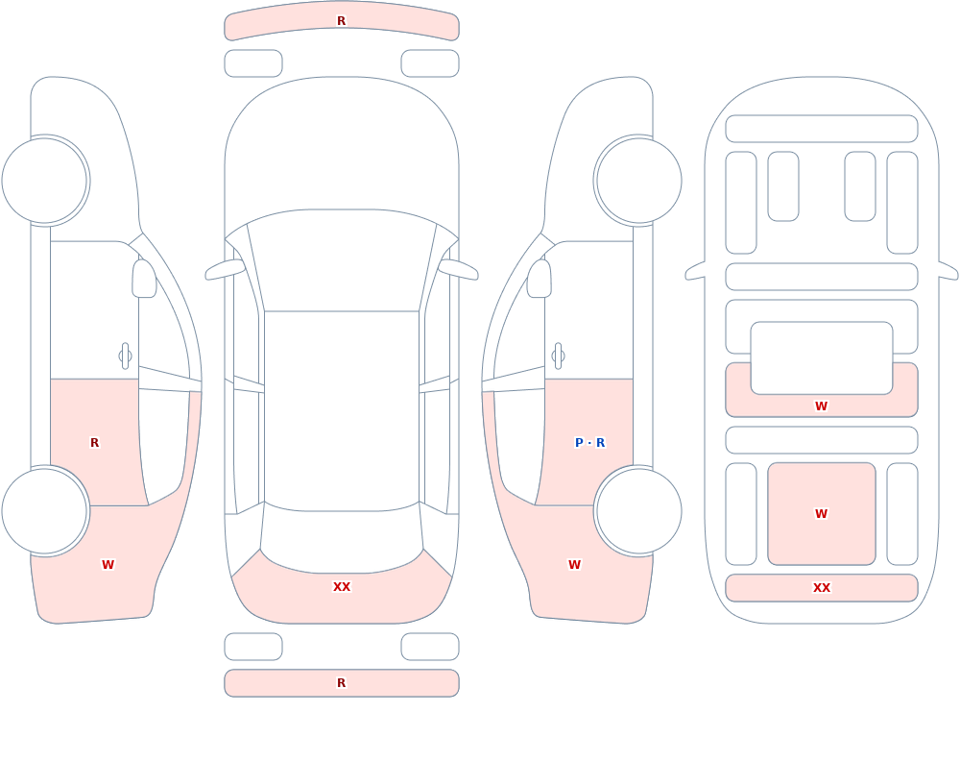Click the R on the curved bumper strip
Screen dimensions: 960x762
click(x=342, y=21)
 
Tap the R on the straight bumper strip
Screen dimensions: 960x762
click(x=342, y=683)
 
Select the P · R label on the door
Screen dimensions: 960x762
click(x=590, y=443)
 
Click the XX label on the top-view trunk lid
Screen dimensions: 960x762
click(x=342, y=587)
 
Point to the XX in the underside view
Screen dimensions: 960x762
click(x=822, y=588)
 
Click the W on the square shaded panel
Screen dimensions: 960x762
click(x=822, y=514)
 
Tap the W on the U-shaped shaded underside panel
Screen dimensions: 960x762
click(x=822, y=406)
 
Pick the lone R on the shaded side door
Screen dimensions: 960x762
click(x=94, y=443)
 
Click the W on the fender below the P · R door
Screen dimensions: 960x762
click(x=574, y=565)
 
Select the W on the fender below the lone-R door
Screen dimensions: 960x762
click(x=108, y=565)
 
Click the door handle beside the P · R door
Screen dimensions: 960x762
click(x=558, y=356)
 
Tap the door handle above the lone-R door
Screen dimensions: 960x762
click(x=126, y=356)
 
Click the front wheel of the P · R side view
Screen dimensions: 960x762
click(x=638, y=181)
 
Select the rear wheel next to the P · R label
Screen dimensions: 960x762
click(x=638, y=510)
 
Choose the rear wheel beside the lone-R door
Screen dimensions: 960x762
click(x=45, y=510)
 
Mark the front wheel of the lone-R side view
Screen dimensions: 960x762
click(x=45, y=181)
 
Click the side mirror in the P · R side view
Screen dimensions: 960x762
click(x=540, y=279)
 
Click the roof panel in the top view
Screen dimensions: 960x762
click(x=342, y=410)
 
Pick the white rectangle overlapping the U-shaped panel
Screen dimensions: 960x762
click(x=822, y=358)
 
